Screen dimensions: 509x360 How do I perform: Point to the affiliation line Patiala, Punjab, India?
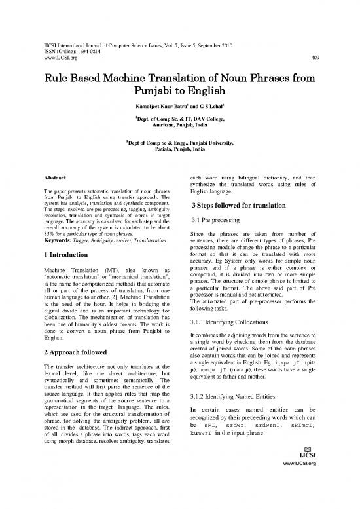[x=179, y=158]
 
